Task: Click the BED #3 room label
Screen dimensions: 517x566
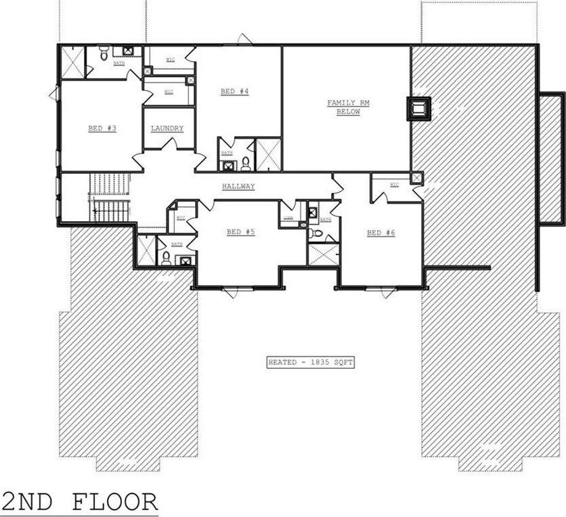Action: (x=102, y=128)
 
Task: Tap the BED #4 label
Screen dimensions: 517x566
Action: (x=234, y=91)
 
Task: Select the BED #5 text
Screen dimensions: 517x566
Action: (x=240, y=232)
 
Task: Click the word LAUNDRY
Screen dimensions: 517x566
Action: (x=167, y=129)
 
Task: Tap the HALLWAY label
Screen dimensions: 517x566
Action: (x=238, y=186)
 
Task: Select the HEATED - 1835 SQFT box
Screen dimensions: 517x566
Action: (x=310, y=363)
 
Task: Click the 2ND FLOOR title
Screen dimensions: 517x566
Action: (x=79, y=502)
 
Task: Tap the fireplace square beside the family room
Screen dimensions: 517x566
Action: (x=418, y=108)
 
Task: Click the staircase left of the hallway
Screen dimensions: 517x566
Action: (x=109, y=197)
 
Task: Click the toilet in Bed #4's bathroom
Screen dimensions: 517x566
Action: (x=245, y=163)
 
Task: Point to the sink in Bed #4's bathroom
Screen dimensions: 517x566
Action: (x=227, y=163)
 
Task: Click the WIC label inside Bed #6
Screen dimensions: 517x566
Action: (x=394, y=185)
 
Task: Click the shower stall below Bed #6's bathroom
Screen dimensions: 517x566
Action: (x=323, y=254)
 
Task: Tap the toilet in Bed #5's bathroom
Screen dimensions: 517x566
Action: (x=166, y=256)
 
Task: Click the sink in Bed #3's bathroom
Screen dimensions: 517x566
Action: (x=127, y=52)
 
